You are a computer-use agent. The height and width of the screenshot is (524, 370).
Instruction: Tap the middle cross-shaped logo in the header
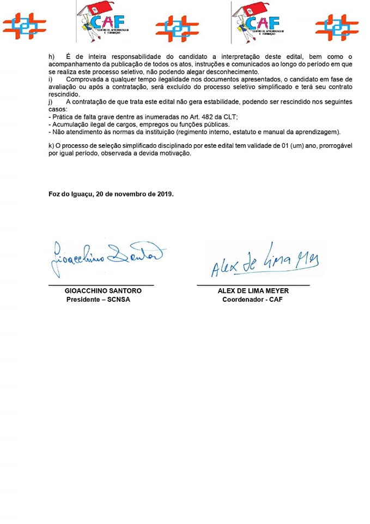coord(177,27)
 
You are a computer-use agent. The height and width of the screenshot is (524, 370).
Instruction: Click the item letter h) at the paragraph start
coord(52,57)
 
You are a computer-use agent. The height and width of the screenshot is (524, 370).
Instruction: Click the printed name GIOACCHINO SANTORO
coord(103,291)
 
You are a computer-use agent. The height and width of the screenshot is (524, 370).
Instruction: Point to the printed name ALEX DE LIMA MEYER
coord(253,291)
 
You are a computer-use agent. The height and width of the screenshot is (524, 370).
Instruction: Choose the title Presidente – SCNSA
coord(98,300)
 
